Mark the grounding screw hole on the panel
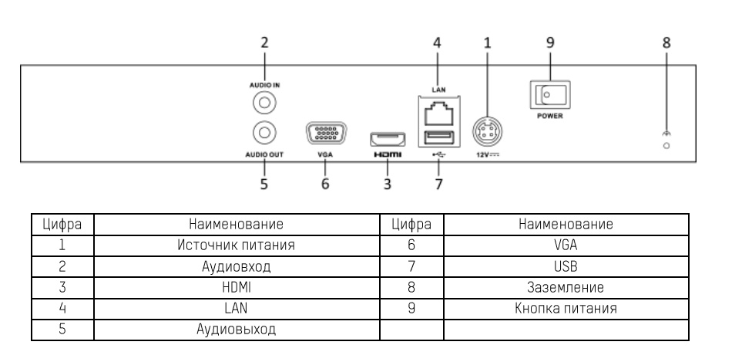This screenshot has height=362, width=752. point(666,145)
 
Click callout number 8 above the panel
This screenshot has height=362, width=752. point(667,43)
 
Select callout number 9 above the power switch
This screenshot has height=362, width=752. point(550,43)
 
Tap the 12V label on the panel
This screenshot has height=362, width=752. point(486,154)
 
